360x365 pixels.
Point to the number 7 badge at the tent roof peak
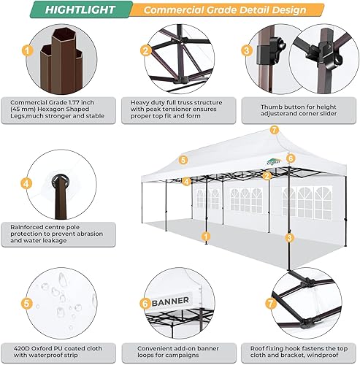[x=274, y=130]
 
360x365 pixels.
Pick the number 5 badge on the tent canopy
[x=184, y=160]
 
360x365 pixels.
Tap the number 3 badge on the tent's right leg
[x=290, y=237]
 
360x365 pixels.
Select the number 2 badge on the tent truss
[x=267, y=175]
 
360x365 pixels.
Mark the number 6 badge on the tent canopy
[x=290, y=158]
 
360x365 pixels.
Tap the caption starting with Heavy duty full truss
[x=180, y=108]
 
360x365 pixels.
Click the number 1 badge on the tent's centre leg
[x=206, y=237]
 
